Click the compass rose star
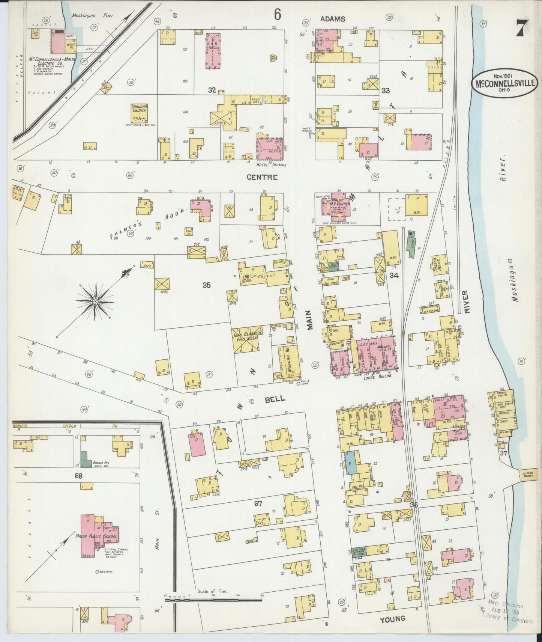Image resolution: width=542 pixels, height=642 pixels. coord(95,301)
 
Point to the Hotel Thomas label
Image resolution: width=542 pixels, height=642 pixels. coord(272,165)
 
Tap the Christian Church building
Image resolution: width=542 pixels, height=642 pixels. coord(139,112)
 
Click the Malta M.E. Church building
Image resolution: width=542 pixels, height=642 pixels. coord(336,206)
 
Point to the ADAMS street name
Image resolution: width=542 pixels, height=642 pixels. coord(333,18)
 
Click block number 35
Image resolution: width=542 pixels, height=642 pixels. coord(206,285)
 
